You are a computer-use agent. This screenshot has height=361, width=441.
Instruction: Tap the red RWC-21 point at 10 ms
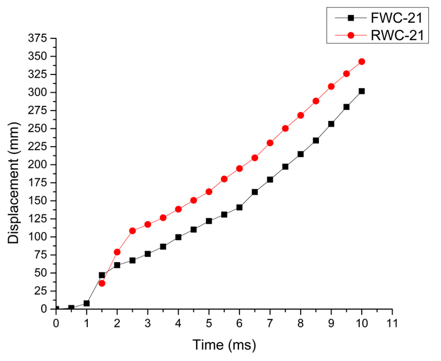362,62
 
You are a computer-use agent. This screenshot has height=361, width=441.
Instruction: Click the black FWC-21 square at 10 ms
362,91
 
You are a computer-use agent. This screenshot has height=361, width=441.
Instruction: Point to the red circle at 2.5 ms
133,231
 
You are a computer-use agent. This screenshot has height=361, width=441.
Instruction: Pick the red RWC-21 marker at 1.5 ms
102,283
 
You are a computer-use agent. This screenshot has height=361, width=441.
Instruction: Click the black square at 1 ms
87,303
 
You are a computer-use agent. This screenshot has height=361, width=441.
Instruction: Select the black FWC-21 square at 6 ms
239,207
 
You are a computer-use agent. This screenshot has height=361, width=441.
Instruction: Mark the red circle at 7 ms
270,143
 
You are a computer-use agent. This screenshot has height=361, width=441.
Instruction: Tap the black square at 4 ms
178,237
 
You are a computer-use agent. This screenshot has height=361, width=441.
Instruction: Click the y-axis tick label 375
37,38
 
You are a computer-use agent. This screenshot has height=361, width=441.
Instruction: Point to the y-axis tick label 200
37,165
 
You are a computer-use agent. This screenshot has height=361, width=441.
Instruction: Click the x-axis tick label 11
392,323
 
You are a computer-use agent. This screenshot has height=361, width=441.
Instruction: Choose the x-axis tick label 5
209,323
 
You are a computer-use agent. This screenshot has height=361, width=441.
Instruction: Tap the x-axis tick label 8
300,323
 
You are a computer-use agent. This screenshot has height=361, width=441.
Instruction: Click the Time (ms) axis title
224,345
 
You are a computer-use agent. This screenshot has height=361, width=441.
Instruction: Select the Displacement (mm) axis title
14,183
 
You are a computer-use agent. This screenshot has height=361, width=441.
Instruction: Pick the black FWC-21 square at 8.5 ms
316,141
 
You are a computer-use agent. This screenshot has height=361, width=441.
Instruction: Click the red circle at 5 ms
209,192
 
